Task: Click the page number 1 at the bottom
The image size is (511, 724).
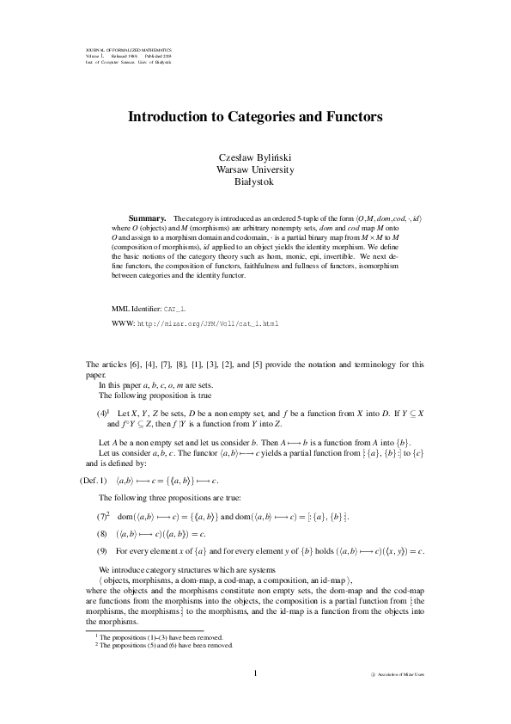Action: tap(255, 672)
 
